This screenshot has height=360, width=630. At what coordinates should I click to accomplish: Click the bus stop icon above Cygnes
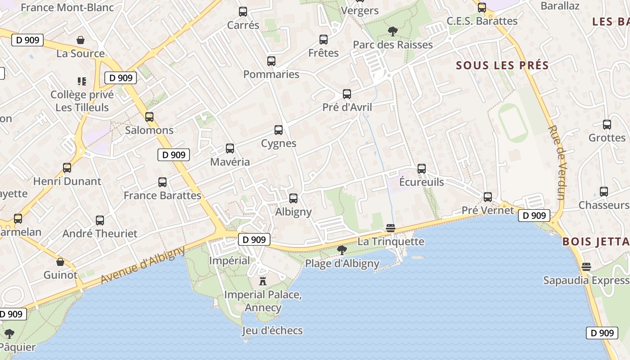tap(279, 130)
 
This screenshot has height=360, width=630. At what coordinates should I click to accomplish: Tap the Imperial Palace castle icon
tap(263, 282)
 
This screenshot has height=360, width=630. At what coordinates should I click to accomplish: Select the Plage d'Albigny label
tap(342, 263)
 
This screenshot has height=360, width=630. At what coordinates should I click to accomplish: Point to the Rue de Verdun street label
tap(556, 162)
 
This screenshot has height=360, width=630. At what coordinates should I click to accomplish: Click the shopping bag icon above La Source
tap(81, 40)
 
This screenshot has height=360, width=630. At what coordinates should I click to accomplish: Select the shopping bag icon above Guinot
tap(60, 262)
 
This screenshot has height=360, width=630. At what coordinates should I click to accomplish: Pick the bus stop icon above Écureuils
tap(422, 169)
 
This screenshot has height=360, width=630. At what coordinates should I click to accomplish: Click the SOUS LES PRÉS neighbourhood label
tap(502, 66)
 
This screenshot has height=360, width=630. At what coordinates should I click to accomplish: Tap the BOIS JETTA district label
tap(595, 242)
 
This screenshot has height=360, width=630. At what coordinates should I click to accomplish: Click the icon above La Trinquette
tap(390, 229)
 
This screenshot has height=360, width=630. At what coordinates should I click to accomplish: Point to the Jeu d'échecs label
tap(272, 331)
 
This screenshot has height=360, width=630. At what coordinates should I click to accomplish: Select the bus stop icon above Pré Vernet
tap(488, 197)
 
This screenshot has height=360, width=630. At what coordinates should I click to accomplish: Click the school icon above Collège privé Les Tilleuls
tap(81, 81)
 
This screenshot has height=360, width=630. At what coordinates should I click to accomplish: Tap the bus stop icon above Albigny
tap(293, 198)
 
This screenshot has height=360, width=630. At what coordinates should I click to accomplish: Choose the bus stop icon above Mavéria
tap(230, 148)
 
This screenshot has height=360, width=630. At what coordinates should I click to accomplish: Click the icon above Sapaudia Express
tap(586, 267)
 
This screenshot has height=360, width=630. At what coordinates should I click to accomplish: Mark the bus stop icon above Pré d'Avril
tap(347, 94)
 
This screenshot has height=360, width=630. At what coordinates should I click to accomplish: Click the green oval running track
tap(513, 123)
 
